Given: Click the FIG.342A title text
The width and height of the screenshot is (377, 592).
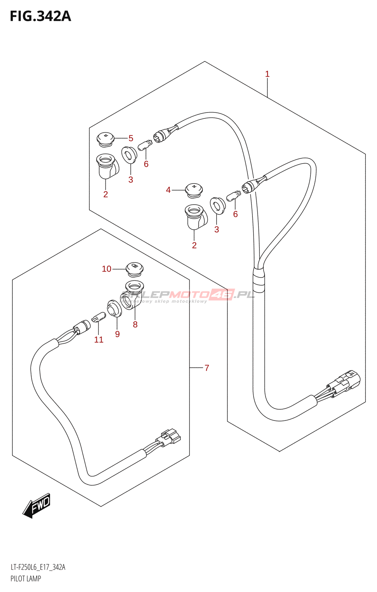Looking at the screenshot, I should pyautogui.click(x=40, y=17).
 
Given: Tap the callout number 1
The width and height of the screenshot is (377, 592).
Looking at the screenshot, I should pyautogui.click(x=267, y=74).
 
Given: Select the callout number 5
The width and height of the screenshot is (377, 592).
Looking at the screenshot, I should pyautogui.click(x=131, y=138).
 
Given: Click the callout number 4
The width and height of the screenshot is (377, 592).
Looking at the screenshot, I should pyautogui.click(x=168, y=190).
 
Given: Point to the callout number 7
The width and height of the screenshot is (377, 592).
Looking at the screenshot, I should pyautogui.click(x=207, y=368).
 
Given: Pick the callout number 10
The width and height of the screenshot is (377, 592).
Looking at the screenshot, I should pyautogui.click(x=106, y=269).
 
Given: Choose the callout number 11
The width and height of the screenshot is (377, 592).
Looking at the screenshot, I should pyautogui.click(x=99, y=340).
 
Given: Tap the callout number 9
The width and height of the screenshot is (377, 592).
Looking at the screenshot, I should pyautogui.click(x=117, y=334).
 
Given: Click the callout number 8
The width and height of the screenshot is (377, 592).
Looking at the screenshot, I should pyautogui.click(x=135, y=324).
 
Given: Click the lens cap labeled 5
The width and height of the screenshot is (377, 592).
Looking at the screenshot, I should pyautogui.click(x=105, y=139).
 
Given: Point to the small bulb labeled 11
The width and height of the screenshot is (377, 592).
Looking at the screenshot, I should pyautogui.click(x=99, y=317).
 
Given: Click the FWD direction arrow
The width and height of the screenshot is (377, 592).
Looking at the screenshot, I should pyautogui.click(x=37, y=505).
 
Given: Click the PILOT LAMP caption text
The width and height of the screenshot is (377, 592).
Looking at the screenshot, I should pyautogui.click(x=26, y=579).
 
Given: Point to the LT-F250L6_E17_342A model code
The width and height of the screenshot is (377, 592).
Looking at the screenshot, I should pyautogui.click(x=38, y=567).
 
